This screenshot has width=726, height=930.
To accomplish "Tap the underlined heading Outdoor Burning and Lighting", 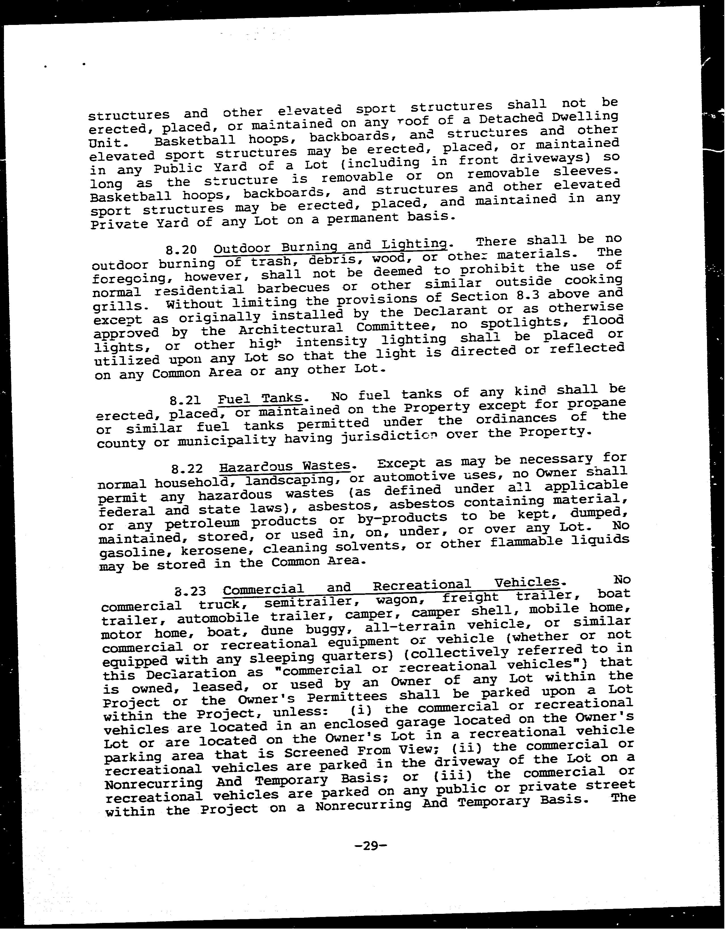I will click(x=330, y=246).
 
